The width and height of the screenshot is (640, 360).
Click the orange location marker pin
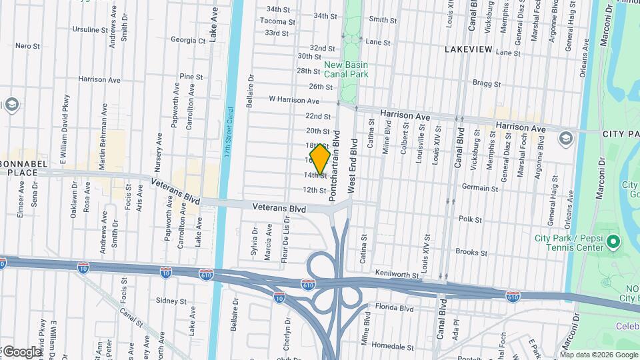coord(320,159)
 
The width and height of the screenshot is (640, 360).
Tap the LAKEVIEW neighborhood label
coord(469,49)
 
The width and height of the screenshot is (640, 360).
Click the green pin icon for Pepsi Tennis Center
coord(614,240)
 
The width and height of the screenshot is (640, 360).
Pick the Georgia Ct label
coord(188,40)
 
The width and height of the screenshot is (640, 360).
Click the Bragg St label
coord(486,84)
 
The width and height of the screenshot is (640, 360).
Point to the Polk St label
coord(469,219)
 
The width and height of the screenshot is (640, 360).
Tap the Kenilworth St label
coord(396,275)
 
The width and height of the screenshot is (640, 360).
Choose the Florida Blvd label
coord(395,307)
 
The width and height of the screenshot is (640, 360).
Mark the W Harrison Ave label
coord(294,100)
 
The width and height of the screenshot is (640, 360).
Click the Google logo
coord(21,351)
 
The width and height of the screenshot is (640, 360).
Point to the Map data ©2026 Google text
coord(599,355)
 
